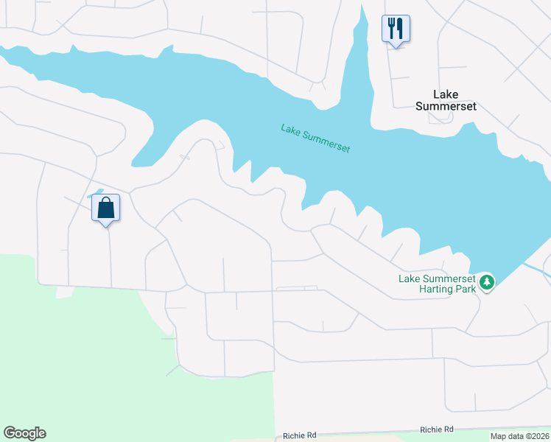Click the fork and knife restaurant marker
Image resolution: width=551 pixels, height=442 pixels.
pos(396,29)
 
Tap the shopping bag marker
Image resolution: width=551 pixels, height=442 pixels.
pos(105,208)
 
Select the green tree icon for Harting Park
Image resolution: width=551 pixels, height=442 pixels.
pos(486,282)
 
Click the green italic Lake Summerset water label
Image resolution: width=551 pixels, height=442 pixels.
pos(315,138)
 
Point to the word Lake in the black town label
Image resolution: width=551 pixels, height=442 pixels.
pos(446,94)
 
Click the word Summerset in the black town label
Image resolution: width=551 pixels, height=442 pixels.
pos(446,106)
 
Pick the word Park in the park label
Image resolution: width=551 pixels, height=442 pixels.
pos(461,290)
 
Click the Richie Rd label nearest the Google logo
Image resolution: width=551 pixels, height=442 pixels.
pos(299,436)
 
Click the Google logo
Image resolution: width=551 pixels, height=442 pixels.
pos(24,433)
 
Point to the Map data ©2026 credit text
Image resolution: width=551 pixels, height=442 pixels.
pos(519,436)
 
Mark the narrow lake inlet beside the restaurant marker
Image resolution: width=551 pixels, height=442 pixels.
pos(361,44)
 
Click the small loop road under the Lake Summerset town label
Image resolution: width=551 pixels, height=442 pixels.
pos(436,118)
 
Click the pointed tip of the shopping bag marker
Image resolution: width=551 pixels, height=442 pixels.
pos(106,225)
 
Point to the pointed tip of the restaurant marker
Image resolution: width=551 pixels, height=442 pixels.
pos(396,47)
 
